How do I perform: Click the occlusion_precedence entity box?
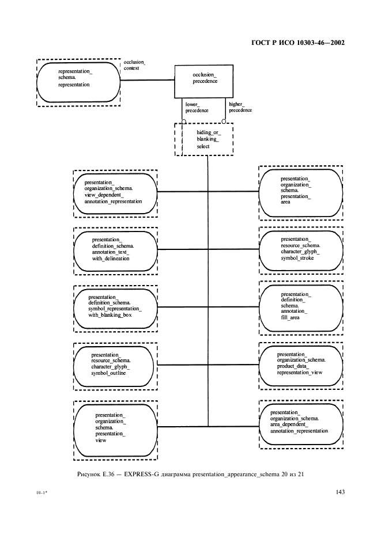(205, 81)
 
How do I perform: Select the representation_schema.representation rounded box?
(78, 81)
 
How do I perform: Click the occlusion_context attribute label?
(135, 64)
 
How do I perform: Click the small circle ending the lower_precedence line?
(183, 121)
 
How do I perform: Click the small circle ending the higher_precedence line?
(224, 121)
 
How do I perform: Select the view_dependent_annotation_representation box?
(115, 192)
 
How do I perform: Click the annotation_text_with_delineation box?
(115, 249)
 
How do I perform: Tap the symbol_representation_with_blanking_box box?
(115, 306)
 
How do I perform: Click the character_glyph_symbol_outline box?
(115, 365)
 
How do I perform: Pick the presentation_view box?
(115, 427)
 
